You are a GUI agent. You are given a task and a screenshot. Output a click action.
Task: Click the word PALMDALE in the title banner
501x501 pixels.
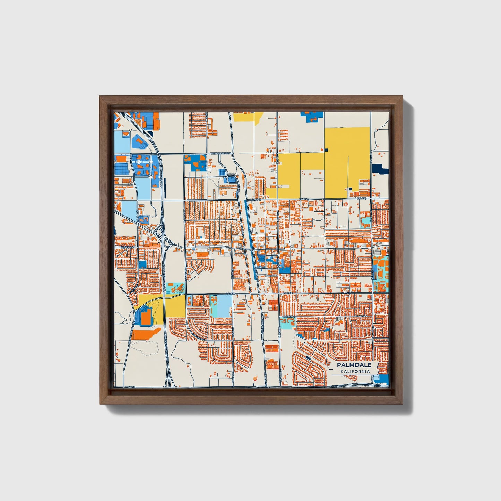click(x=354, y=365)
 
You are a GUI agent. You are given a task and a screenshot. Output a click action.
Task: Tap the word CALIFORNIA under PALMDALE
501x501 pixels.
click(x=355, y=372)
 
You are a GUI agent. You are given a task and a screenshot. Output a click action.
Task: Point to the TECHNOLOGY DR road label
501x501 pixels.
click(x=221, y=153)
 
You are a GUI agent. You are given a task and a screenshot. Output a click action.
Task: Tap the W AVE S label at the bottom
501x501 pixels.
click(x=130, y=386)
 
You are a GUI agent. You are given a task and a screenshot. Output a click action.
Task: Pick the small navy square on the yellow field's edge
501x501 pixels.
click(x=326, y=150)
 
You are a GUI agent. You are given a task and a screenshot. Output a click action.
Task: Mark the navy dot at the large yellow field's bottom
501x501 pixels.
click(x=350, y=189)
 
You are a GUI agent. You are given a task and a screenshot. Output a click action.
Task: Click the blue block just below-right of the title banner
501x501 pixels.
click(x=383, y=380)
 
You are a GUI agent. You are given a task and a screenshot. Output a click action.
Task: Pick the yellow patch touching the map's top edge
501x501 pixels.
click(x=247, y=117)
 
